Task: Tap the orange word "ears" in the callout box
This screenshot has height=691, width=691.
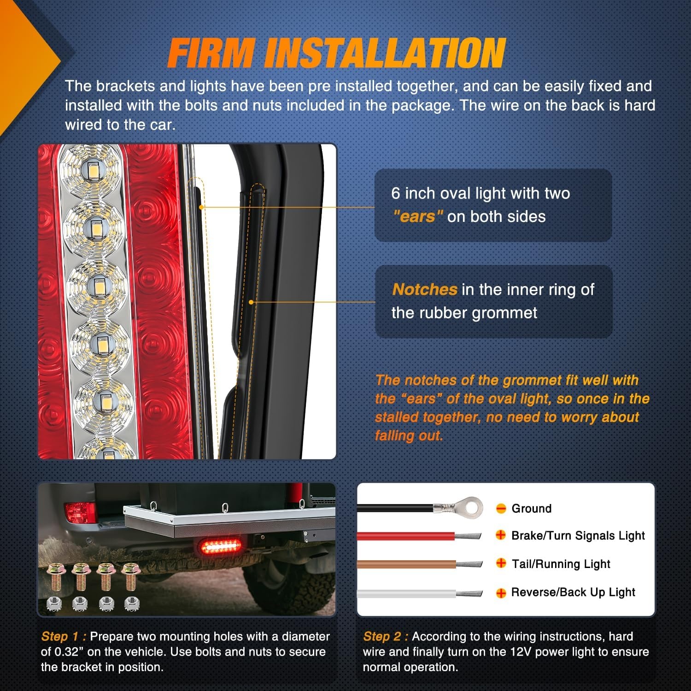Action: [x=418, y=216]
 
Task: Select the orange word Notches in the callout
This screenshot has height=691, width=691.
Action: [x=425, y=289]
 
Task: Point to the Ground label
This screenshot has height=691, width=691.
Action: [x=531, y=508]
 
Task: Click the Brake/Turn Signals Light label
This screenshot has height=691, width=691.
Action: [x=578, y=535]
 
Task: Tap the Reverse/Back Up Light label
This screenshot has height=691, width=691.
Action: [x=573, y=592]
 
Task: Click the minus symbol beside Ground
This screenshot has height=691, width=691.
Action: [x=501, y=508]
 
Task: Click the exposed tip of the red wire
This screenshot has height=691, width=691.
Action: [x=468, y=536]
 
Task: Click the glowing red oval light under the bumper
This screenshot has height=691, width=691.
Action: [x=221, y=547]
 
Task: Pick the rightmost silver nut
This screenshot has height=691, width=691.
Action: [x=132, y=603]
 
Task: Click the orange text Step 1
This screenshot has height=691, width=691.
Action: [x=64, y=636]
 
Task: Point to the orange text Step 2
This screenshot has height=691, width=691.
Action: [x=386, y=636]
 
